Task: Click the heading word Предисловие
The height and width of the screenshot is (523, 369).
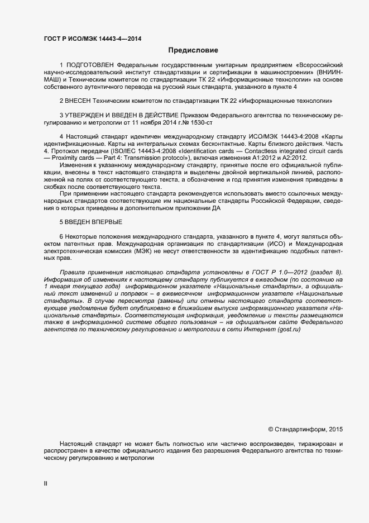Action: (193, 50)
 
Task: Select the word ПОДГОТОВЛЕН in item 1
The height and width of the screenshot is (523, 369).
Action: (89, 65)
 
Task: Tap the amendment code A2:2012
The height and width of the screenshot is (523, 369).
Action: (294, 158)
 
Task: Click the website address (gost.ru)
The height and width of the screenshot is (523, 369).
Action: (289, 330)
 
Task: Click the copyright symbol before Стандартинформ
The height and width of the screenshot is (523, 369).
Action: (270, 430)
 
